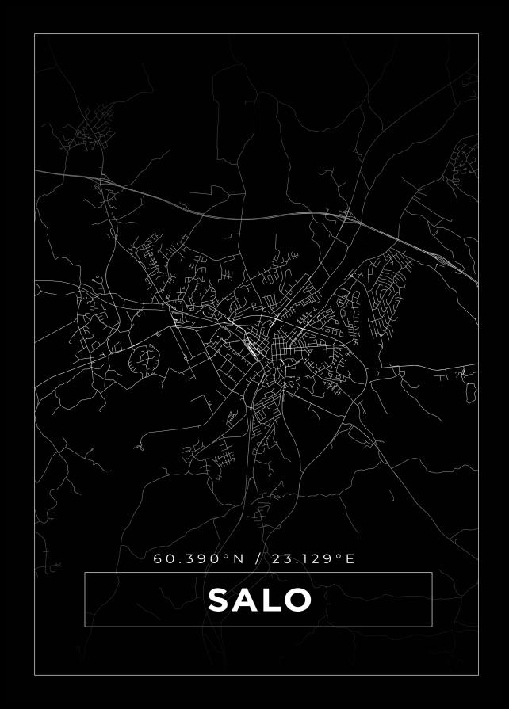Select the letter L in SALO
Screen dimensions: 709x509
coord(269,600)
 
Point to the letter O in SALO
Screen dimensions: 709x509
coord(296,600)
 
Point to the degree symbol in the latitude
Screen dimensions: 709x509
coord(226,555)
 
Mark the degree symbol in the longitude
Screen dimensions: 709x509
coord(339,555)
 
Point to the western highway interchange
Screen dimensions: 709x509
coord(105,183)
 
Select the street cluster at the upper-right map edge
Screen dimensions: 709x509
coord(464,162)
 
